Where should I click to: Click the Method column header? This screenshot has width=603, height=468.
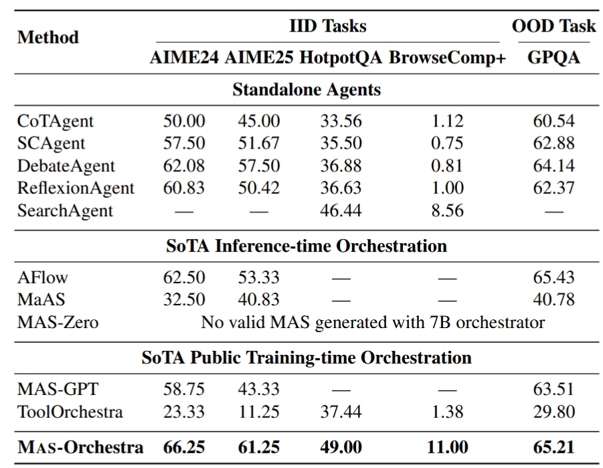pyautogui.click(x=48, y=38)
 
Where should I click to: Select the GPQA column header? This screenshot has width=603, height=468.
pyautogui.click(x=553, y=58)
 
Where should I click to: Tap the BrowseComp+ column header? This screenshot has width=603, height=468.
pyautogui.click(x=448, y=58)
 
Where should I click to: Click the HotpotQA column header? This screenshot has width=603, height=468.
pyautogui.click(x=341, y=58)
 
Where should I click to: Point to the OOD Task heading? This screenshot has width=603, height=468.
pyautogui.click(x=553, y=26)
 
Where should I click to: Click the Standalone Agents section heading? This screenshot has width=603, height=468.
pyautogui.click(x=307, y=90)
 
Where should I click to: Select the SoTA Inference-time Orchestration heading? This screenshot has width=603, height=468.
pyautogui.click(x=307, y=246)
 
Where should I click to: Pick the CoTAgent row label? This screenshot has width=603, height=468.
pyautogui.click(x=56, y=122)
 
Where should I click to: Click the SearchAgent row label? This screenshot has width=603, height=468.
pyautogui.click(x=65, y=211)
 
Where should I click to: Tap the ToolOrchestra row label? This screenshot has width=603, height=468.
pyautogui.click(x=70, y=412)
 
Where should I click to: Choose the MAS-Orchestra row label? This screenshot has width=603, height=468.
pyautogui.click(x=80, y=447)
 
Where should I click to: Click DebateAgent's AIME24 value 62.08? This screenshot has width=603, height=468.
pyautogui.click(x=184, y=166)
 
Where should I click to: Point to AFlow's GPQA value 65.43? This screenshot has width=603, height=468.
pyautogui.click(x=553, y=277)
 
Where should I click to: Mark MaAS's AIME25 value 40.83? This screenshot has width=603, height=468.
pyautogui.click(x=259, y=299)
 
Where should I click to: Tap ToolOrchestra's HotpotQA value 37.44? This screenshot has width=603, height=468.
pyautogui.click(x=341, y=412)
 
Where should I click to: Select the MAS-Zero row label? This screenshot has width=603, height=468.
pyautogui.click(x=58, y=322)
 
